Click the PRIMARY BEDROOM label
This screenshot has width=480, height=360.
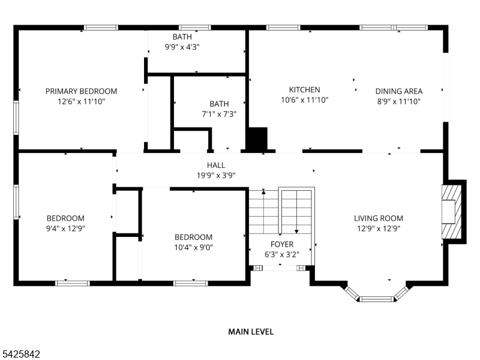point(81,91)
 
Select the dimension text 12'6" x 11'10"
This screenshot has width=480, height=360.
point(81,101)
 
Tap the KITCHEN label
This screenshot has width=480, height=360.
point(304,90)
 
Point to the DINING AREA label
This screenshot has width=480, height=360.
point(399,91)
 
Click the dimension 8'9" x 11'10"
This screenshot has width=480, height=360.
point(399,101)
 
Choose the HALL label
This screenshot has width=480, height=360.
point(216,165)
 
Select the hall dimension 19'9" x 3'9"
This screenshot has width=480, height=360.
point(216,175)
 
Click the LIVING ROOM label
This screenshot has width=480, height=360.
point(378,218)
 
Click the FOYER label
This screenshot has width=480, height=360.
point(281,244)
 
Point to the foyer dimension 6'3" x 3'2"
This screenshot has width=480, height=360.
point(281,254)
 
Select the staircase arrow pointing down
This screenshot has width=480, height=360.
point(296,230)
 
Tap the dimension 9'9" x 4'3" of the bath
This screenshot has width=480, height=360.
point(182,47)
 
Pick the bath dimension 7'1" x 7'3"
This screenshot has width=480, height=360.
point(219,114)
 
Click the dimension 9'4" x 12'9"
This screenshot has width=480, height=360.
point(65,229)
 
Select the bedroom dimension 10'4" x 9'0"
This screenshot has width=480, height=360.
point(193,247)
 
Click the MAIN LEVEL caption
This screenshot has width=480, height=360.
point(251,331)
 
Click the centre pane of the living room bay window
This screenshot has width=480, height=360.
point(377,298)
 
